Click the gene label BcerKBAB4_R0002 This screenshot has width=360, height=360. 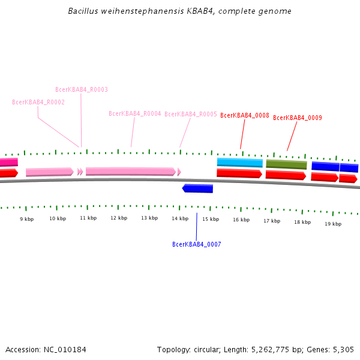tap(38, 102)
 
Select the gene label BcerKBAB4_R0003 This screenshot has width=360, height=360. tap(82, 89)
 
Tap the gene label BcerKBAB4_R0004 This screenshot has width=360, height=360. tap(135, 113)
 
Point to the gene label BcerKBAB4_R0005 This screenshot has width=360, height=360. tap(191, 114)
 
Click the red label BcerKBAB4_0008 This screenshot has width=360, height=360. tap(244, 115)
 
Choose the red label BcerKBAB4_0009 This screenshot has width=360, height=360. tap(298, 118)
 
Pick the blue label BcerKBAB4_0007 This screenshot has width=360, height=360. tap(197, 244)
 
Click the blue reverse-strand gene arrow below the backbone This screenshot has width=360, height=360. tap(197, 188)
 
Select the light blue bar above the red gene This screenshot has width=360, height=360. tap(240, 162)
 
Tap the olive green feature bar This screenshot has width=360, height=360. tap(286, 164)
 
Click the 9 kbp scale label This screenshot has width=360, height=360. tap(26, 219)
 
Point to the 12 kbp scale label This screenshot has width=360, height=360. tap(119, 218)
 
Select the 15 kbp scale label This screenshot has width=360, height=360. tap(211, 219)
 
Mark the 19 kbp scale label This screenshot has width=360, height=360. tap(333, 224)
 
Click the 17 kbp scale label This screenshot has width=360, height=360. tap(272, 221)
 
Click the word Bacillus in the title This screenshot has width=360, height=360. tap(84, 11)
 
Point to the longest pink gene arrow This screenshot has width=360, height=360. tap(131, 172)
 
